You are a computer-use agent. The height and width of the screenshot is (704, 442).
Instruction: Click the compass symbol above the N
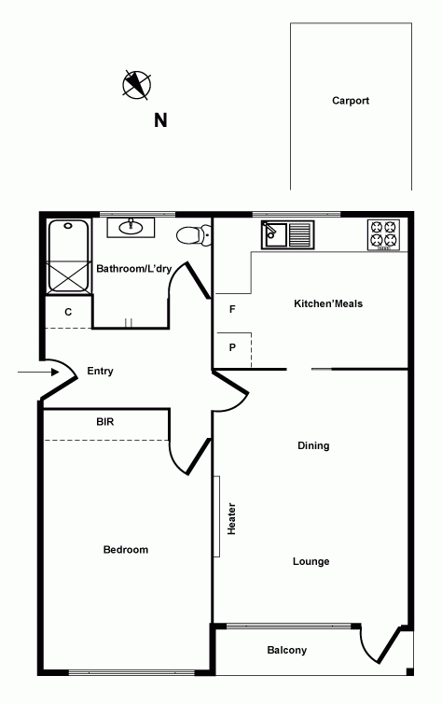point(137,85)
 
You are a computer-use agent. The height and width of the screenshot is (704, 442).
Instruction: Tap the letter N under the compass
point(160,120)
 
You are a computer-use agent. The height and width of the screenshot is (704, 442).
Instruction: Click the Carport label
point(351,101)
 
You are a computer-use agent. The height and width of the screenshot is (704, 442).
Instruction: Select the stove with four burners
point(383,234)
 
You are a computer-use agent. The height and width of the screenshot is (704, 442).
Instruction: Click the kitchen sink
point(284,233)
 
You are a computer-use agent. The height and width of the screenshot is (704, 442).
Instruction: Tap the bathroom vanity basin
point(130,227)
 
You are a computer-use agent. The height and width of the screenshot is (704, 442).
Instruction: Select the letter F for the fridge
point(232,308)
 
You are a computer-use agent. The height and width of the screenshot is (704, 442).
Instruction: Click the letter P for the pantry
point(232,347)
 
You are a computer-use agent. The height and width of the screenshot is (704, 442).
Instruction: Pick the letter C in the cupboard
point(68,312)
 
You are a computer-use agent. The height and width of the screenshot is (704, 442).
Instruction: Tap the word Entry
point(100,371)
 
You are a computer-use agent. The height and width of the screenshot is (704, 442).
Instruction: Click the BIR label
point(105,422)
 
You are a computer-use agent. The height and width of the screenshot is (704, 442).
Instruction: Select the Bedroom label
point(126,550)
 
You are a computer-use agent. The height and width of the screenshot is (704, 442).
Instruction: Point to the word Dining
point(313,445)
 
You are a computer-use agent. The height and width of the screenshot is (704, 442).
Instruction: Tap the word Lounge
point(311,561)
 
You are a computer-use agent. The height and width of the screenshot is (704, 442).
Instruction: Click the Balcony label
point(286,650)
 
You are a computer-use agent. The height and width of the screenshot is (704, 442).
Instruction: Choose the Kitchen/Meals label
point(328,303)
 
